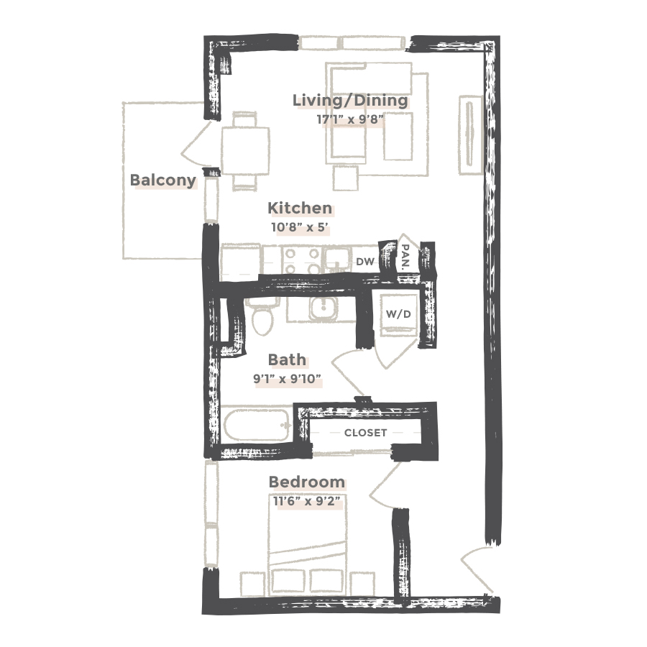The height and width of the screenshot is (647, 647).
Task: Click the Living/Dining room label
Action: [x=350, y=100]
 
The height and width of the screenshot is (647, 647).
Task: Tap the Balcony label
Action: [x=162, y=180]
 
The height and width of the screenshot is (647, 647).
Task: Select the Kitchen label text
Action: [x=300, y=208]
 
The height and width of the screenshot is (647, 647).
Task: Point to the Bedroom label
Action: [x=306, y=482]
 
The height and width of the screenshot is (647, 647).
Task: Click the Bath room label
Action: [x=287, y=359]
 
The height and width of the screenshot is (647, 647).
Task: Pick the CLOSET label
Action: [x=365, y=433]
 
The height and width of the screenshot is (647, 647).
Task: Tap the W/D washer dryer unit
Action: [x=398, y=313]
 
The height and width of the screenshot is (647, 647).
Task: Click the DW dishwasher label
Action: [x=365, y=262]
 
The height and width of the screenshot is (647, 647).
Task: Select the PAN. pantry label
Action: [x=405, y=255]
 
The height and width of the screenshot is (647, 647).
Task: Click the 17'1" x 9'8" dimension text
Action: [x=350, y=119]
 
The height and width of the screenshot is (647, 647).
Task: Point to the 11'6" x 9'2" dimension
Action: [x=306, y=501]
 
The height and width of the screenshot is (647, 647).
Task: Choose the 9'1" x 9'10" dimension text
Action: [x=287, y=379]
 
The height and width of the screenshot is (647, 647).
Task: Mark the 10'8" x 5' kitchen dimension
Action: [x=300, y=228]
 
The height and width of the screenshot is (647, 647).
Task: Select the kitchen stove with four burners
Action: [x=300, y=260]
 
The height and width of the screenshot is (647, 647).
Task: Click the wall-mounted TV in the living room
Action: [x=471, y=134]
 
